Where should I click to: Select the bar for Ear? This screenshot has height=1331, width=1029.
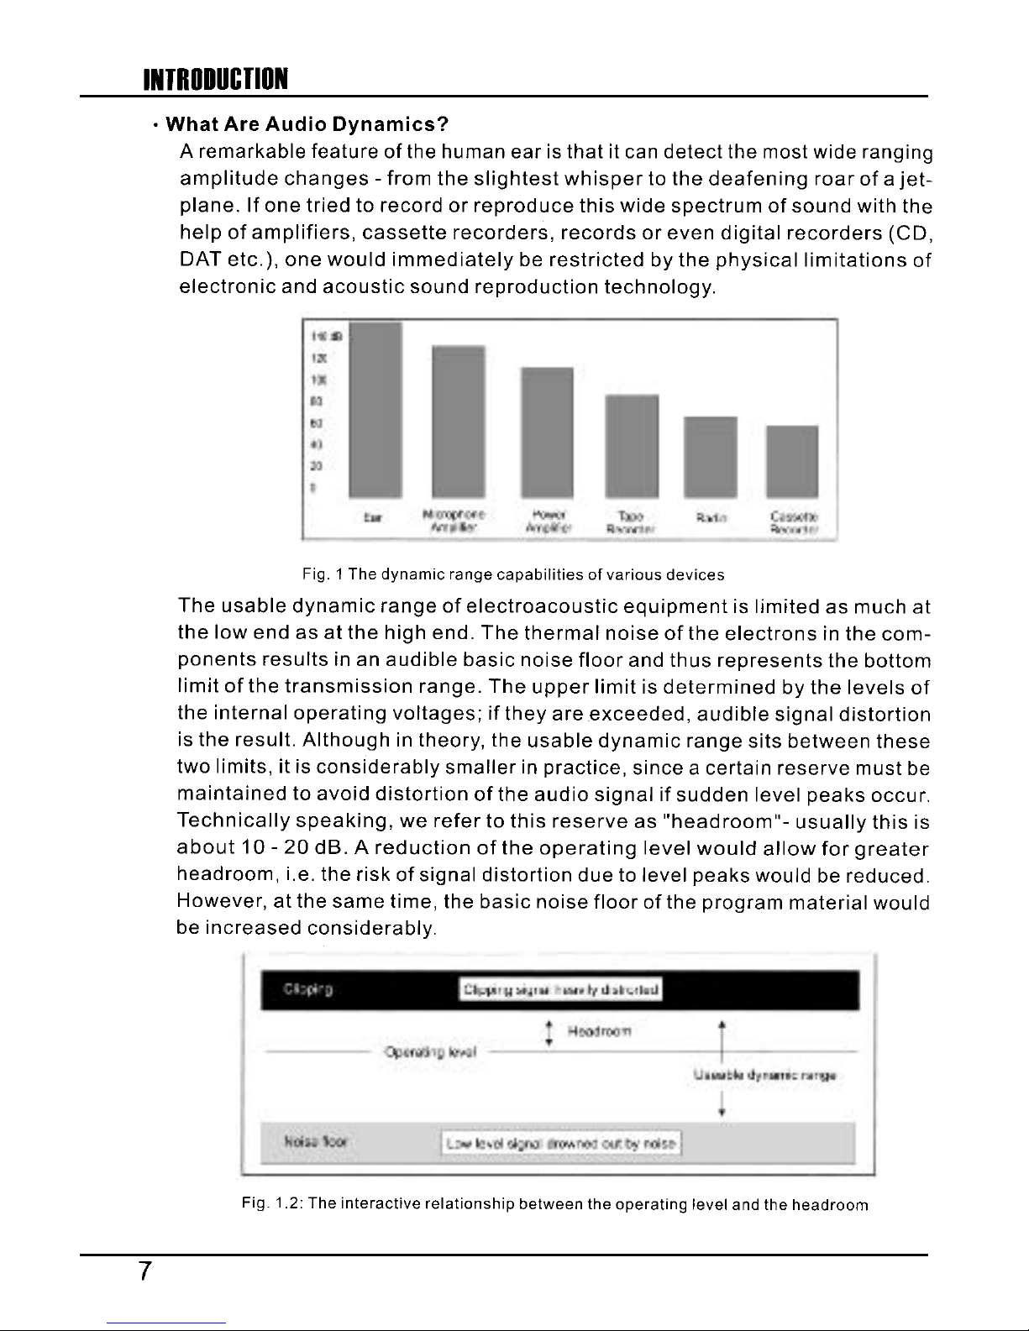(375, 409)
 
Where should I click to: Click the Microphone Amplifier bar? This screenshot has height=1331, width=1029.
(458, 421)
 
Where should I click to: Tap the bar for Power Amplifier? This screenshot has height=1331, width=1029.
(547, 432)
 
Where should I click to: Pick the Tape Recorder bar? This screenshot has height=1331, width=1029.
(632, 445)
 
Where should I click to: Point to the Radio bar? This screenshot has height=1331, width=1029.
(711, 456)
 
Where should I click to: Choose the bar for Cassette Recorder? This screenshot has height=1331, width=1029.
(792, 461)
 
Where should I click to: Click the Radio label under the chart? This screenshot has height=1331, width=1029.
(711, 519)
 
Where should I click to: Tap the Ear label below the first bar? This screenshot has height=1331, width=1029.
(370, 518)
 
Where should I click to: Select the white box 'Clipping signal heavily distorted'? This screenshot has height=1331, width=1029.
(562, 989)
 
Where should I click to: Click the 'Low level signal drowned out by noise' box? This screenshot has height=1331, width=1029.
(562, 1143)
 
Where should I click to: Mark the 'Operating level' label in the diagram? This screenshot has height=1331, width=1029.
(429, 1051)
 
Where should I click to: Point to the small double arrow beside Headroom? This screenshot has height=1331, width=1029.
(549, 1033)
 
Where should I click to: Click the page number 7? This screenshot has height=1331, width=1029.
(144, 1273)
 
